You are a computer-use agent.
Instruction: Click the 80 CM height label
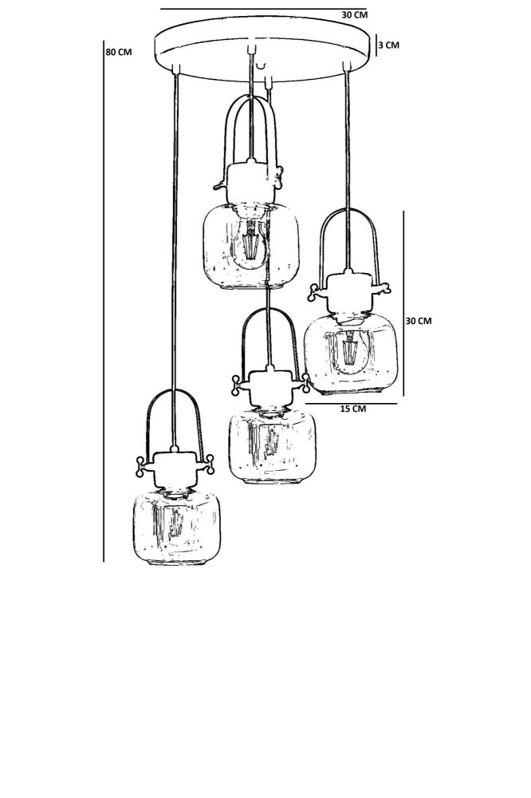coord(118,52)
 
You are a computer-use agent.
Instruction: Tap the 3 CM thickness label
coord(388,45)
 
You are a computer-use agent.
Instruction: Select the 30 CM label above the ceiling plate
coord(354,14)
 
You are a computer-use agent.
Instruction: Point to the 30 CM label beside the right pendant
coord(418,321)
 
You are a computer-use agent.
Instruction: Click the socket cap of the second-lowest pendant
coord(269,389)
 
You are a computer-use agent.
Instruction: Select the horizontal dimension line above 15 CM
coord(351,404)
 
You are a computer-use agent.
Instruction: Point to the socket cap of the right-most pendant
coord(348,292)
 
